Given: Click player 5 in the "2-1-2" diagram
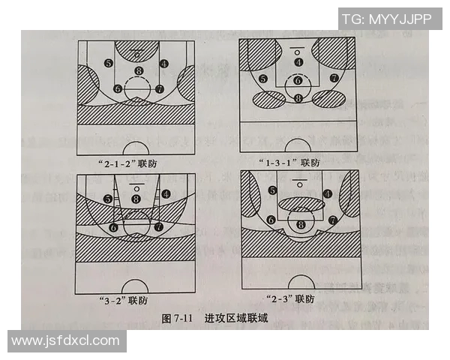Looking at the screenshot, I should (x=109, y=64).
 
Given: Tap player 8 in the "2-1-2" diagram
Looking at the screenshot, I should (x=138, y=72).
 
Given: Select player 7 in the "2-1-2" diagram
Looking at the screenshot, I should (x=160, y=88).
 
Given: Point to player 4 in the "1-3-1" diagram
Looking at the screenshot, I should (x=298, y=62).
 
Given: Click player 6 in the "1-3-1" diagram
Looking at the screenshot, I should (x=298, y=80).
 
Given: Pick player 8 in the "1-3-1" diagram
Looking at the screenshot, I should (x=298, y=97).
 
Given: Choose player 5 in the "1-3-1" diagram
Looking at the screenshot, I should (x=262, y=78).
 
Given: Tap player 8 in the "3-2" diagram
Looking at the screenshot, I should (x=136, y=198).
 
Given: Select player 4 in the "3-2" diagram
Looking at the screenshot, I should (x=165, y=193).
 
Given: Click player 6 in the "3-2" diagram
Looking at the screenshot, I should (x=114, y=226).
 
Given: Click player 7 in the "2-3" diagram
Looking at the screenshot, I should (x=332, y=220).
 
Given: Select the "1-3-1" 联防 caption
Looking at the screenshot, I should (x=298, y=161).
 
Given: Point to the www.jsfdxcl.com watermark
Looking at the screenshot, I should (x=66, y=341).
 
